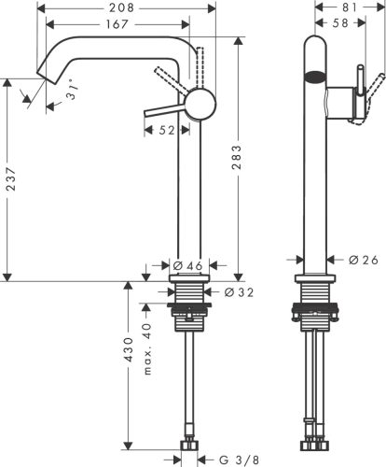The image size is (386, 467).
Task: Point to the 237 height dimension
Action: [11, 183]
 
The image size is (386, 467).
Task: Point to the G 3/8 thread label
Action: [240, 459]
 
